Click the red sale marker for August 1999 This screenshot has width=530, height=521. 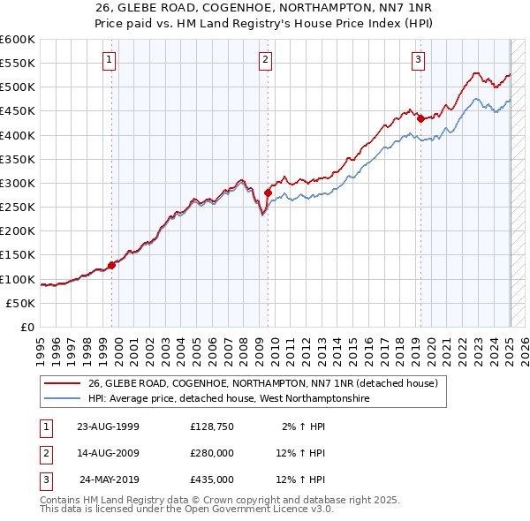(112, 265)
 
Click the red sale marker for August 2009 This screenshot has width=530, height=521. (268, 192)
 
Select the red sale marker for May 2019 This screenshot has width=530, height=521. (420, 117)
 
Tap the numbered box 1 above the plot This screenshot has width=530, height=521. (109, 60)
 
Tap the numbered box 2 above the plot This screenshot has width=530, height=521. (265, 60)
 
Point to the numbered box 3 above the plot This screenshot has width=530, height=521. (418, 60)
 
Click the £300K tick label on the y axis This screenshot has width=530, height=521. (18, 183)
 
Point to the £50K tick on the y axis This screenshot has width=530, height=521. (21, 303)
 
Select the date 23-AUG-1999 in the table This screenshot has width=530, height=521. (109, 427)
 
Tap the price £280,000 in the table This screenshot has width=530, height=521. (212, 453)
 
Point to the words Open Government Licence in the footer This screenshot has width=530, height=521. (248, 509)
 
